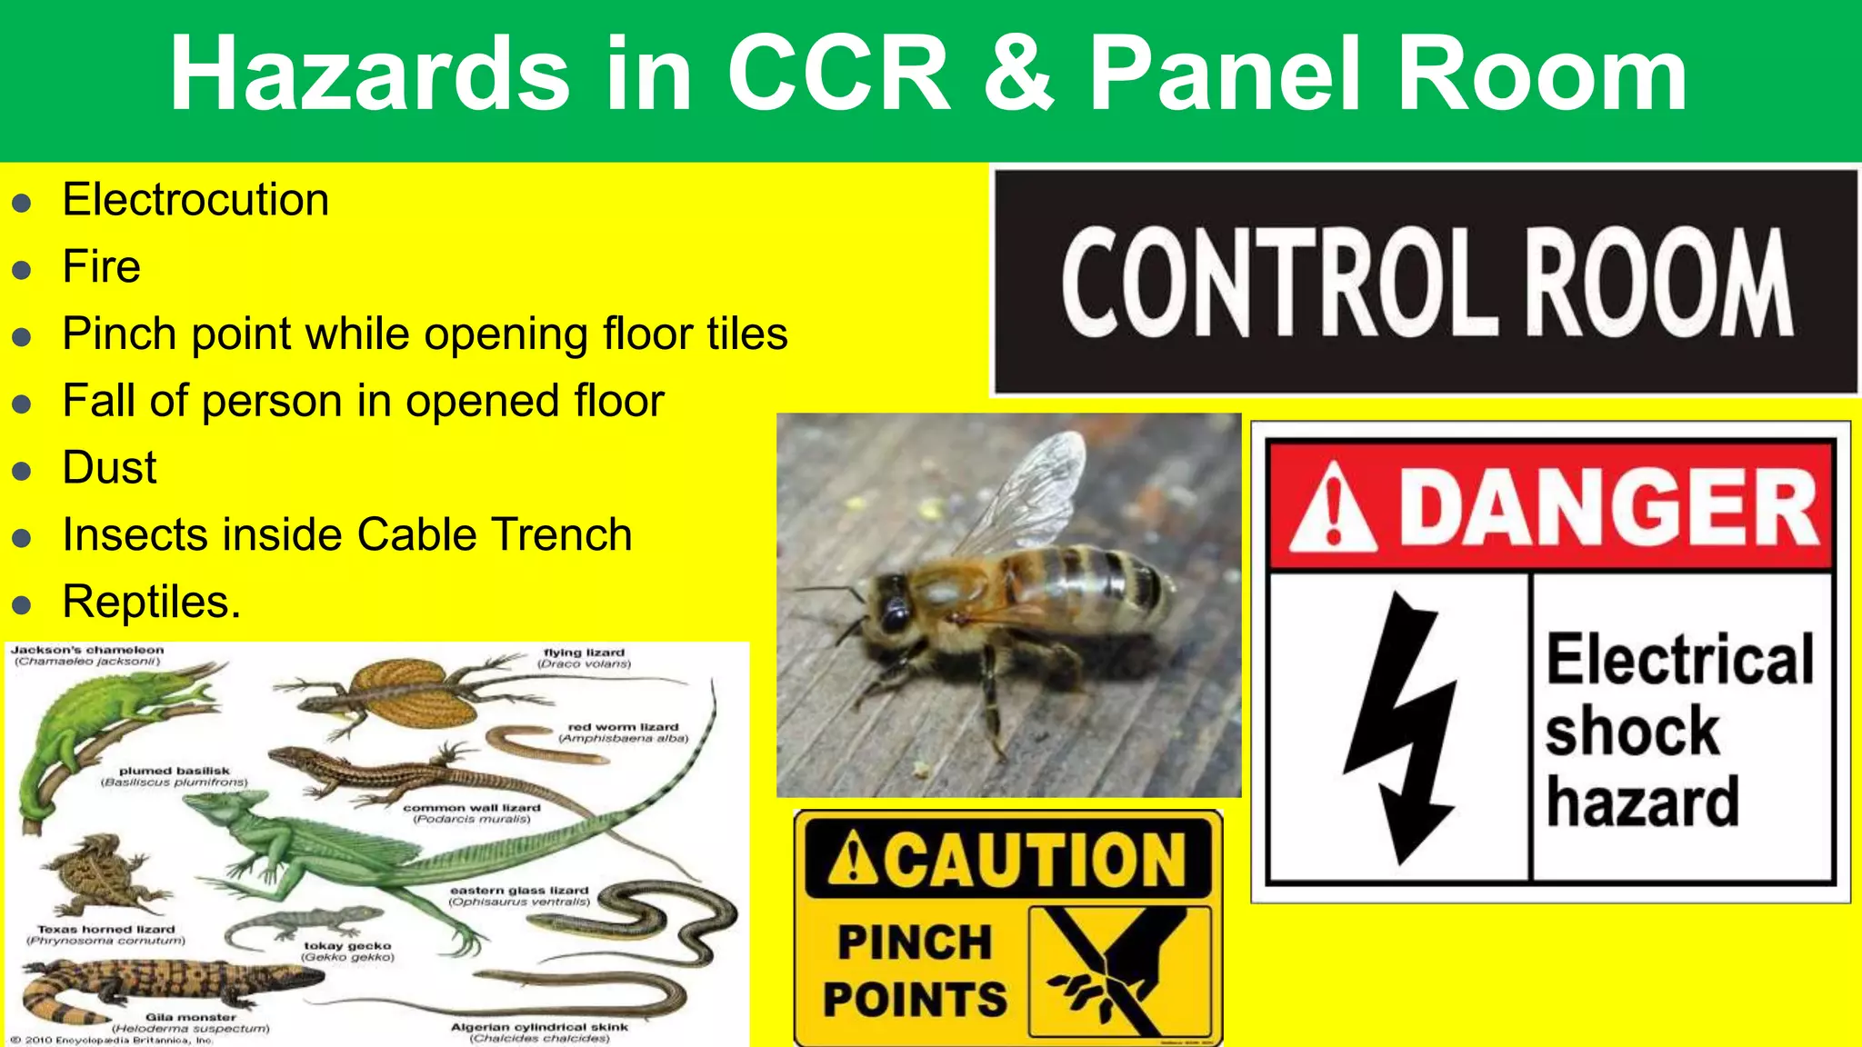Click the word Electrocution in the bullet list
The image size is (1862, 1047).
click(195, 200)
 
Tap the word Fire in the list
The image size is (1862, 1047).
click(101, 267)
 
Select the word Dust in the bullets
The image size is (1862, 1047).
click(109, 468)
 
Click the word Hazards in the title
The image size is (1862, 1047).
click(369, 75)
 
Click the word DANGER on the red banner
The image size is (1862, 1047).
click(1607, 507)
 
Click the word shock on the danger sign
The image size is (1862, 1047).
click(1633, 731)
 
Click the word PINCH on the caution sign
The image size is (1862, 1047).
click(914, 942)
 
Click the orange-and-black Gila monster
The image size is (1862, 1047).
click(173, 986)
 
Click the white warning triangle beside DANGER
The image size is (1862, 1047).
click(1333, 509)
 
